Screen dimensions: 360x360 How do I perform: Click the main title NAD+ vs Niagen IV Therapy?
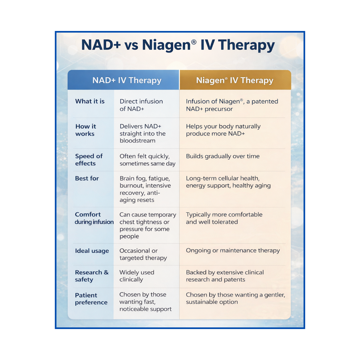[x=178, y=46]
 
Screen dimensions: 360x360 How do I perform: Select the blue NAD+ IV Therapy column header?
[x=127, y=80]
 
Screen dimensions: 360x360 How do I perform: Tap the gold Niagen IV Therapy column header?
[x=235, y=80]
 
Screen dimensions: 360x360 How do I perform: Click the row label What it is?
[x=90, y=101]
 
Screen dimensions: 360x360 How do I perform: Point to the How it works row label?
[x=85, y=130]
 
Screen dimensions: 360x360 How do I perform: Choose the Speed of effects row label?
[x=89, y=160]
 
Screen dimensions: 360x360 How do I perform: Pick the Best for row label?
[x=87, y=178]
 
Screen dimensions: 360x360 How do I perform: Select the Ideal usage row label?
[x=92, y=251]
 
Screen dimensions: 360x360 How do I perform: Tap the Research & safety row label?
[x=92, y=276]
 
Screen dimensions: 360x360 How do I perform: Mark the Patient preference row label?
[x=91, y=299]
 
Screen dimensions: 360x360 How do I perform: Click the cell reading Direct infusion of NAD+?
[x=141, y=105]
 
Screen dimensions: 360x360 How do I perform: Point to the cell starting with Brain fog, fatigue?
[x=145, y=189]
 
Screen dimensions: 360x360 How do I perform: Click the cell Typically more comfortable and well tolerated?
[x=224, y=218]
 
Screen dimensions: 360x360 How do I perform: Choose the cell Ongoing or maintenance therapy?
[x=233, y=250]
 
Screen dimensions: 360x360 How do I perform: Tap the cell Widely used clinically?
[x=137, y=276]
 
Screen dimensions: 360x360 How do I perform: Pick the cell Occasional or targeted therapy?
[x=143, y=254]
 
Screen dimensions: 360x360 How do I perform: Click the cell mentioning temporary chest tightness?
[x=147, y=225]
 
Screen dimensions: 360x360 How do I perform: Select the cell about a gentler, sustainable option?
[x=235, y=298]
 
